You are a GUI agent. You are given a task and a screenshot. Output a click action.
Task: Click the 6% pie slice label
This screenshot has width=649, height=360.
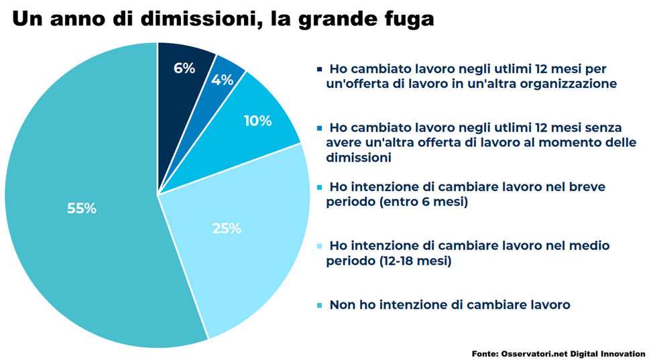(184, 68)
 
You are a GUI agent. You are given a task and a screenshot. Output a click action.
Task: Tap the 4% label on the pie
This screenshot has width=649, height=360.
(222, 80)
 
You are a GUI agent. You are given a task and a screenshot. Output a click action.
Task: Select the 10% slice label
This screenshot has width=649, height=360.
(257, 121)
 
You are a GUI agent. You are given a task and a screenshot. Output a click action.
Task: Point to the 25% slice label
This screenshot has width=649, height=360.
(227, 229)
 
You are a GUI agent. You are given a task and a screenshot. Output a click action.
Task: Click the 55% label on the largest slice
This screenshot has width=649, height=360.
(82, 208)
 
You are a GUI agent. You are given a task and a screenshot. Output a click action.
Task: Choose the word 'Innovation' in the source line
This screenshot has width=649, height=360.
(624, 353)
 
